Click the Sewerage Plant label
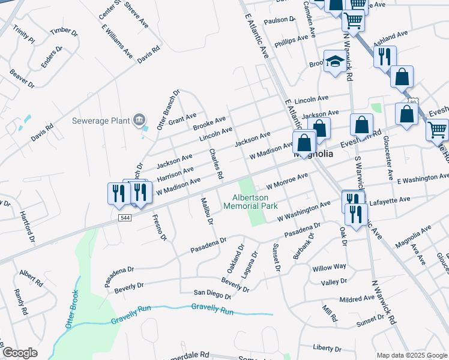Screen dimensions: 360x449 pyautogui.click(x=101, y=120)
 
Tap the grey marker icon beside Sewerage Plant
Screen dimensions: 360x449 pyautogui.click(x=140, y=120)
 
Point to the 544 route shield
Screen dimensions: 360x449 pyautogui.click(x=125, y=217)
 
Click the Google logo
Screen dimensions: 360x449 pyautogui.click(x=20, y=353)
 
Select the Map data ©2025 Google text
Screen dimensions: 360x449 pyautogui.click(x=411, y=355)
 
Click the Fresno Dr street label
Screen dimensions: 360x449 pyautogui.click(x=159, y=227)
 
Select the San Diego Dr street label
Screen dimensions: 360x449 pyautogui.click(x=212, y=294)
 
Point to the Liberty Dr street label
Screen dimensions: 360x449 pyautogui.click(x=327, y=348)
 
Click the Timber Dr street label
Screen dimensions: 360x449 pyautogui.click(x=64, y=31)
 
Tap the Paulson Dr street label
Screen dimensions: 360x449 pyautogui.click(x=279, y=20)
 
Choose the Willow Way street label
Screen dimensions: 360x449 pyautogui.click(x=329, y=266)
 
